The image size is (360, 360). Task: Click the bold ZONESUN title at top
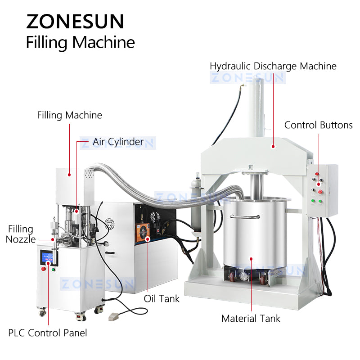pyautogui.click(x=75, y=21)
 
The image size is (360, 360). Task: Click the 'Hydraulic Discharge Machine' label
pyautogui.click(x=273, y=66)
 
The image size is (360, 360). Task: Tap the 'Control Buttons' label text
pyautogui.click(x=318, y=125)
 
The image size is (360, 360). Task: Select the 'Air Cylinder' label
pyautogui.click(x=118, y=142)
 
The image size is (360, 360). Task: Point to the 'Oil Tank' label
pyautogui.click(x=162, y=298)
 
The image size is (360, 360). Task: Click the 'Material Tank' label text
pyautogui.click(x=251, y=319)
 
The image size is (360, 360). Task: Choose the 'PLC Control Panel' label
pyautogui.click(x=48, y=333)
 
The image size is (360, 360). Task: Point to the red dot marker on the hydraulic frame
pyautogui.click(x=273, y=145)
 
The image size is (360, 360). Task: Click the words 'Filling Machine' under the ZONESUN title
pyautogui.click(x=81, y=42)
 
